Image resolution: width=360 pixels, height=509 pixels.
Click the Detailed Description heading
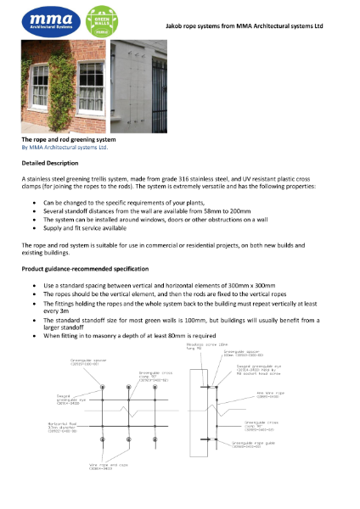coord(50,162)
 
